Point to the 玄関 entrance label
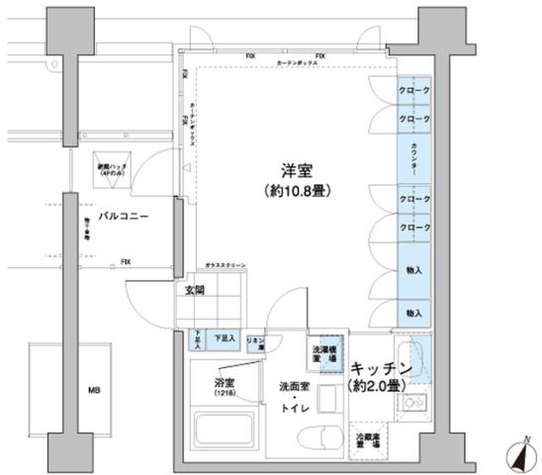coord(194,290)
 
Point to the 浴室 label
coord(224,382)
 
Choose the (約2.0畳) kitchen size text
coord(374,387)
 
